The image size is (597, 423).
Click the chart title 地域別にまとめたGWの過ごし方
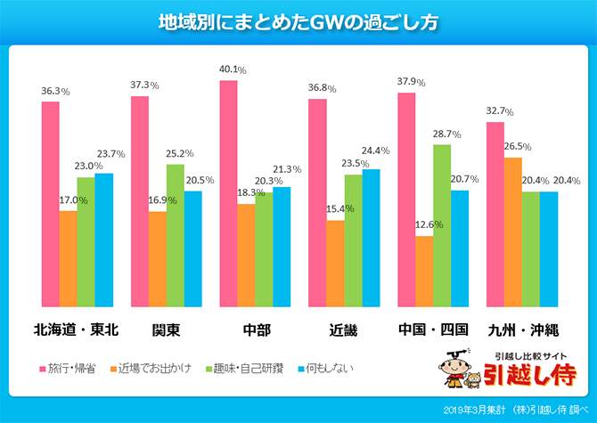coord(298,20)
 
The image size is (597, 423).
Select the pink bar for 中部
coord(228,191)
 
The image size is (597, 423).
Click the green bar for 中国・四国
coord(441,223)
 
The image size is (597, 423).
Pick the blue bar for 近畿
coord(371,236)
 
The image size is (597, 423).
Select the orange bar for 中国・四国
coord(424,269)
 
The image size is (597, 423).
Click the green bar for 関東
coord(175,233)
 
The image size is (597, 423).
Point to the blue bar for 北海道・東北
coord(103,238)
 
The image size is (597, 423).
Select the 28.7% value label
coord(443,134)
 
